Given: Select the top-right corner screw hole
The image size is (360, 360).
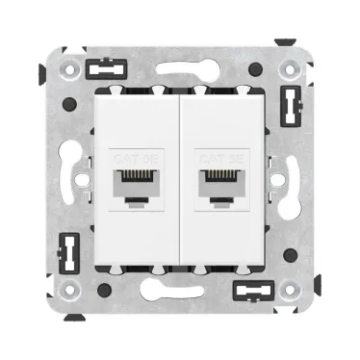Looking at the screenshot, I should tap(290, 70).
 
